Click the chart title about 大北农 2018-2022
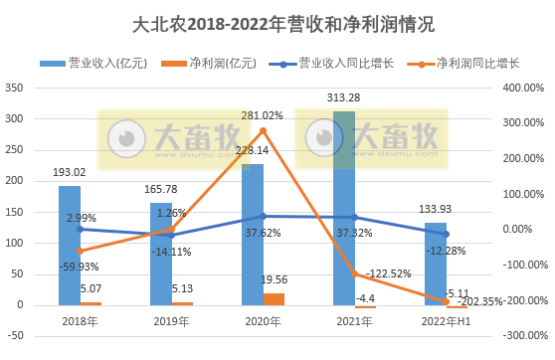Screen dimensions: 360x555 (277, 22)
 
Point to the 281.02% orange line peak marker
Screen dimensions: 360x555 (263, 130)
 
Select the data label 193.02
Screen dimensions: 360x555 (70, 172)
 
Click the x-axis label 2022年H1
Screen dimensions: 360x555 (445, 321)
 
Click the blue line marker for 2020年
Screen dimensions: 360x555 (263, 216)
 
